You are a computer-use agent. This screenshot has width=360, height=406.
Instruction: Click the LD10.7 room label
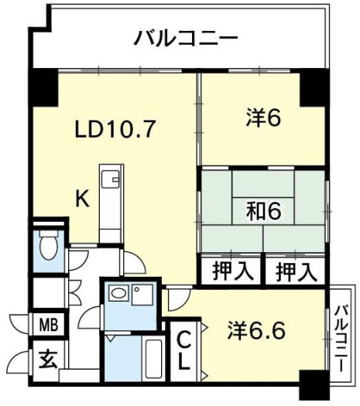115,128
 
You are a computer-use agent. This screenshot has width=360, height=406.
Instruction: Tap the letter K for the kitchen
82,198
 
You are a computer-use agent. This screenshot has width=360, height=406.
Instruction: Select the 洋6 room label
263,118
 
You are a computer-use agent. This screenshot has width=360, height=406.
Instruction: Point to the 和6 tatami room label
263,211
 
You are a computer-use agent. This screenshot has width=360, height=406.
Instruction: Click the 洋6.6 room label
256,331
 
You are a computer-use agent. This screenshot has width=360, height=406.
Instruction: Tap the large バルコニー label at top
186,39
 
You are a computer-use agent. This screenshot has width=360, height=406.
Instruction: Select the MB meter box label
48,325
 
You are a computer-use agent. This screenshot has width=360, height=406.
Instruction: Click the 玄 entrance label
48,359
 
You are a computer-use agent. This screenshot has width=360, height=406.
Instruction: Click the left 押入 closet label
232,271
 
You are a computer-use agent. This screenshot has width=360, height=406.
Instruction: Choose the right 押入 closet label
296,271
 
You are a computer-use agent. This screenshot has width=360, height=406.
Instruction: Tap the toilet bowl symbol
49,244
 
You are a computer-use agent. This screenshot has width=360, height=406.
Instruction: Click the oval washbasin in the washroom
118,293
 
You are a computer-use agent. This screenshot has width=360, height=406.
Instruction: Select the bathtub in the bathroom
154,359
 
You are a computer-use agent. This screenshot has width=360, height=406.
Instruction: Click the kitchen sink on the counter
111,179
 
